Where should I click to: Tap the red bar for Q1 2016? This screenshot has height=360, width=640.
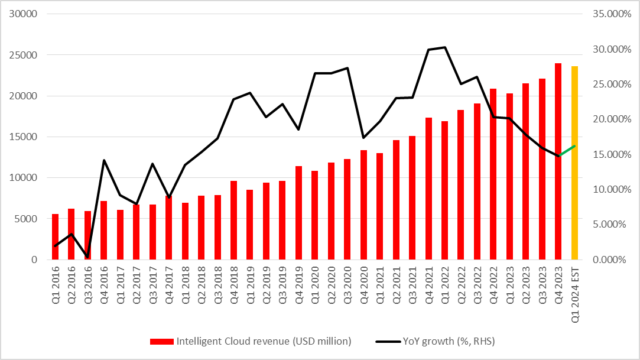56,236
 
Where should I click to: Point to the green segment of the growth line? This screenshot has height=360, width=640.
566,151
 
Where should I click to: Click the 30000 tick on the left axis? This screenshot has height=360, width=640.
25,14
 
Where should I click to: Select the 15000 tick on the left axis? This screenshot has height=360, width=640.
25,137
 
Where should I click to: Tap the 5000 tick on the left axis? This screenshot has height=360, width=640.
28,219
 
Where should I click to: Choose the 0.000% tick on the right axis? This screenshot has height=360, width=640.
609,260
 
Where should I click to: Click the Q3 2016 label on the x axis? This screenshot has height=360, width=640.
88,286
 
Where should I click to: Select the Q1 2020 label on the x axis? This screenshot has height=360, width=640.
315,286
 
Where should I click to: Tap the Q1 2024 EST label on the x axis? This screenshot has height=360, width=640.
574,293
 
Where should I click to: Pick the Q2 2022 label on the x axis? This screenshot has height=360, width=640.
461,286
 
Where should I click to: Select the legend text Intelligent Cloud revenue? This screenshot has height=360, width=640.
264,341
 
